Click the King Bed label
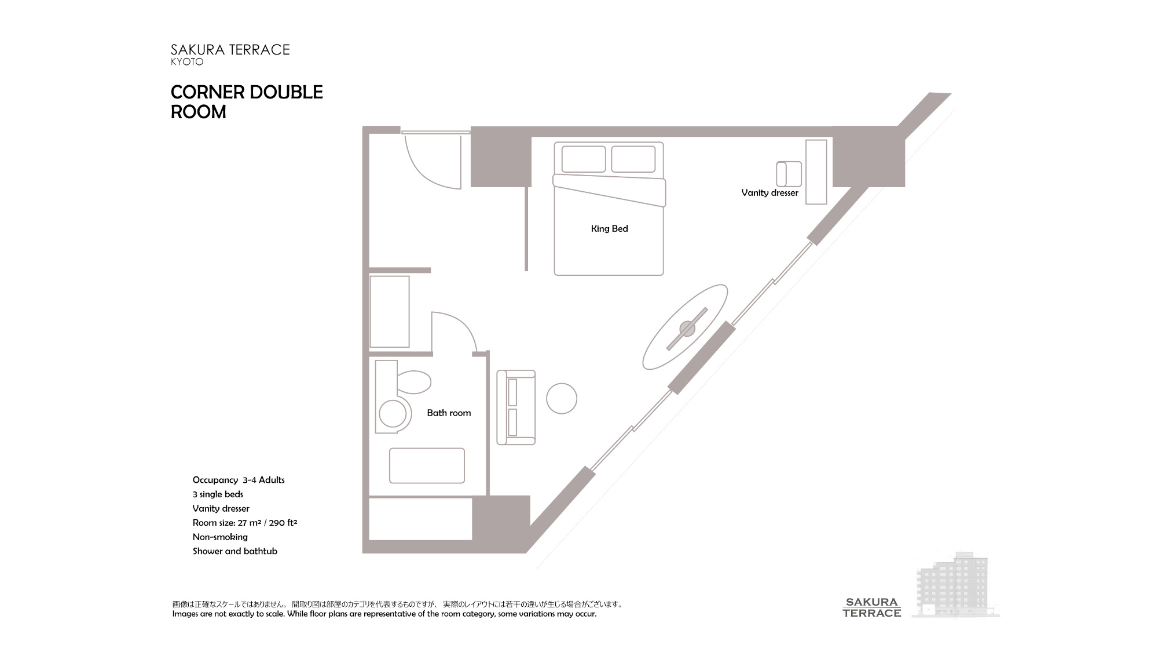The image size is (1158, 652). tap(609, 228)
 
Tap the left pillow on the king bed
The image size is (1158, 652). tap(584, 159)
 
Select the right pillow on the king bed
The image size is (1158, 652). tap(633, 159)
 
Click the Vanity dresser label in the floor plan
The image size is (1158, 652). tap(769, 192)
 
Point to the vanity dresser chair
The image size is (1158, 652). tap(789, 174)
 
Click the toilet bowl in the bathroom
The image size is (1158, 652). tap(414, 383)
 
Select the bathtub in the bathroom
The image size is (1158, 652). tap(427, 465)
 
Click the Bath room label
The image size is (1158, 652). tap(449, 413)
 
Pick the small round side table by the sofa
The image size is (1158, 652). tap(562, 399)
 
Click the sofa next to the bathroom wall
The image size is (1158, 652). tap(516, 407)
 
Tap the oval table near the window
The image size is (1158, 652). tap(686, 327)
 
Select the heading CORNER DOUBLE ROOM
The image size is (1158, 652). tap(247, 101)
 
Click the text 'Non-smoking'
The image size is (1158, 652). tap(220, 537)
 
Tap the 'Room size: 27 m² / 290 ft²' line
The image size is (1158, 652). tap(245, 522)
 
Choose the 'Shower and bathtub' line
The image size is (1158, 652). tap(235, 551)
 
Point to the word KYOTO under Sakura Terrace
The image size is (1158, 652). tap(187, 61)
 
